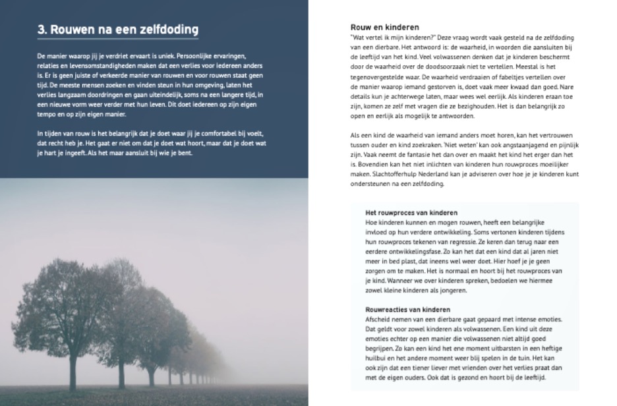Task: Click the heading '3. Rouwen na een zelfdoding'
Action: click(x=117, y=30)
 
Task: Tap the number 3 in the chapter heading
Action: click(x=40, y=30)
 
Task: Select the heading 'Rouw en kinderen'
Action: click(x=385, y=28)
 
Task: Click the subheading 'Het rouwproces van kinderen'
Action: click(x=411, y=213)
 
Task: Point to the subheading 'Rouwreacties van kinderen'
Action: click(x=407, y=309)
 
